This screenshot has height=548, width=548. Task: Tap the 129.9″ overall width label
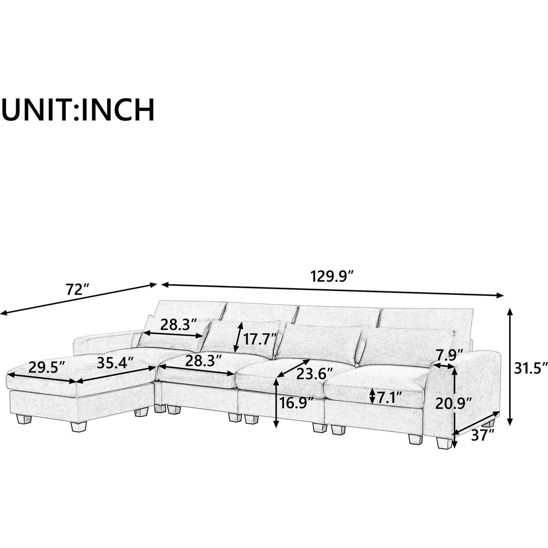click(332, 277)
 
